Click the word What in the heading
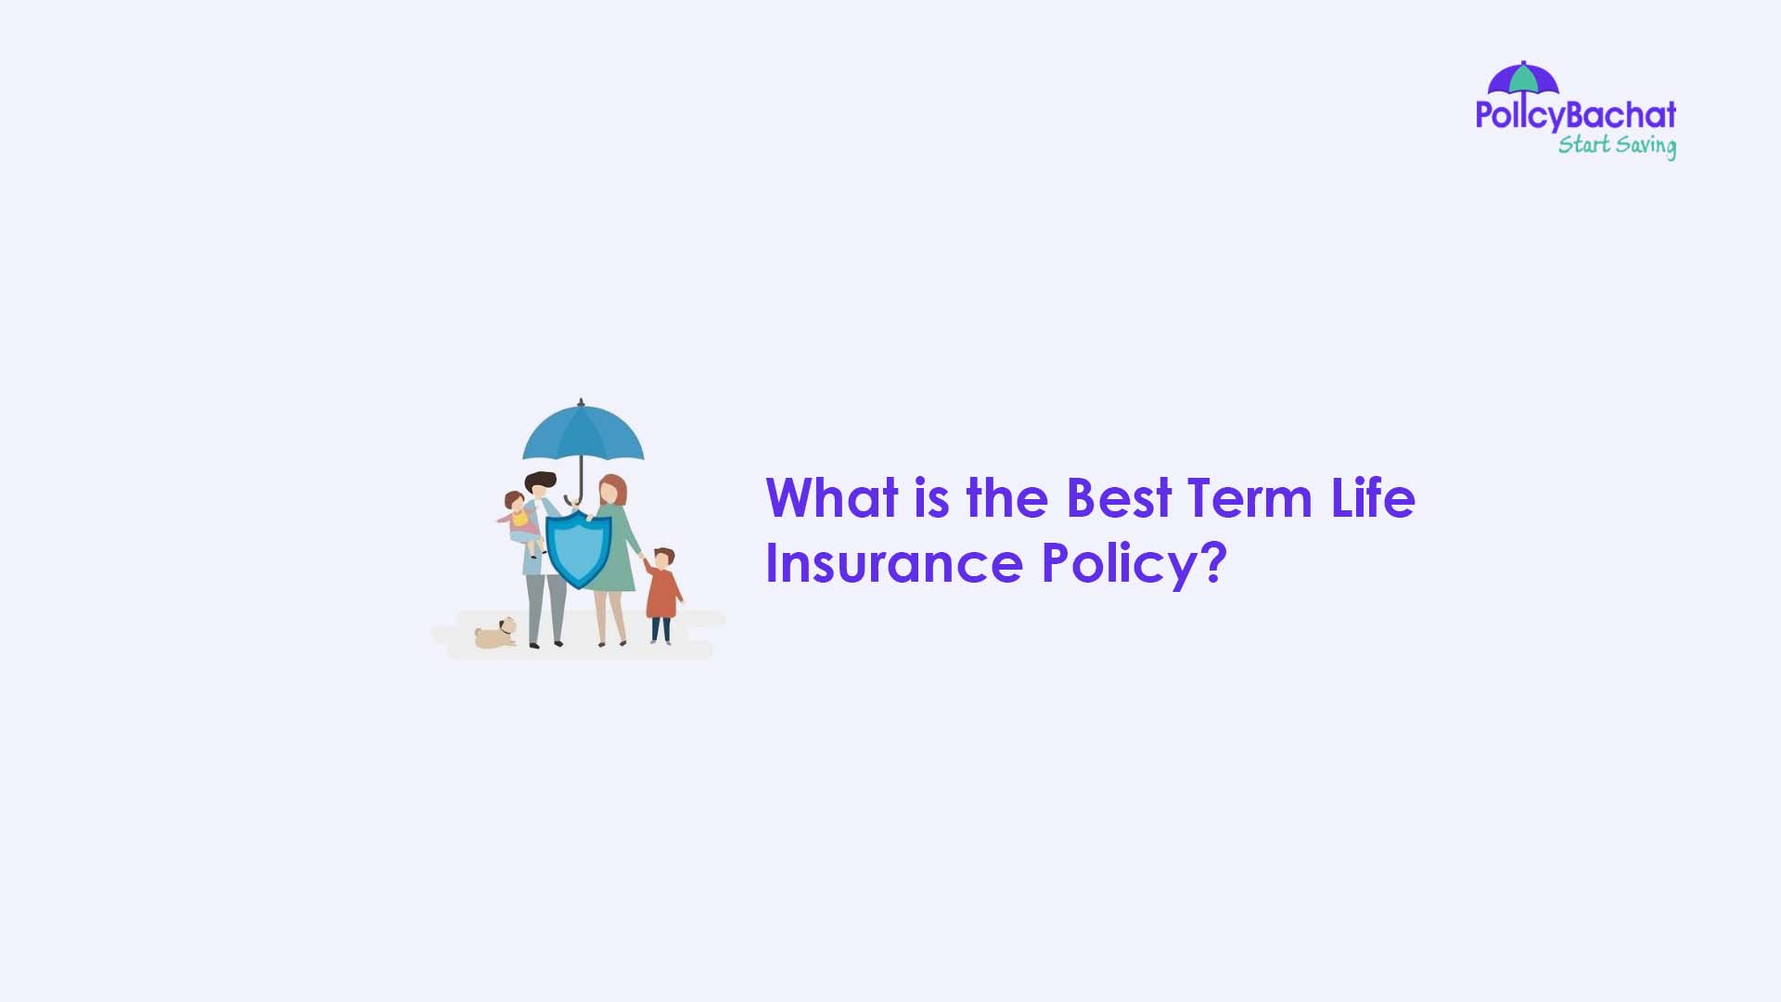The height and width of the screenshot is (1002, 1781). pos(831,498)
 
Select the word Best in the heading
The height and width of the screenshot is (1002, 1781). pos(1119,498)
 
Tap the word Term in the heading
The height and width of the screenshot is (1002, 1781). pos(1249,498)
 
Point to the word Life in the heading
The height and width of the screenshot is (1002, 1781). pos(1373,498)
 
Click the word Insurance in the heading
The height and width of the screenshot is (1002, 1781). pos(893,563)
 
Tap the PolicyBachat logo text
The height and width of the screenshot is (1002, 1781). pos(1575,116)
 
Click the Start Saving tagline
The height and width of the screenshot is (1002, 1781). pos(1616,146)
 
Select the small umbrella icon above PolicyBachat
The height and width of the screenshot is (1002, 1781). pos(1523,78)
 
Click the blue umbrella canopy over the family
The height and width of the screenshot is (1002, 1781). pos(583,434)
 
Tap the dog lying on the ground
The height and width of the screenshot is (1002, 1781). pos(495,635)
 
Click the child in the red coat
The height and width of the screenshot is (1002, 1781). pos(661,593)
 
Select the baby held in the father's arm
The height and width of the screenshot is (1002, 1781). pos(519,519)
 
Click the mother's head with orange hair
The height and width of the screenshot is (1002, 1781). pos(611,489)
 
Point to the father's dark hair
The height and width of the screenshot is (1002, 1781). pos(541,480)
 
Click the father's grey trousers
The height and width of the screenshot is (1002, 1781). pos(545,607)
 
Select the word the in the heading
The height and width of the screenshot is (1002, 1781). pos(1006,498)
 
